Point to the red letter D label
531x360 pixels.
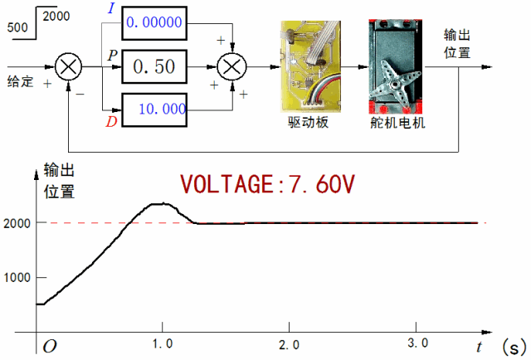110,124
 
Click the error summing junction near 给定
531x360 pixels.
68,66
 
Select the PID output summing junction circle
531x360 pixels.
233,66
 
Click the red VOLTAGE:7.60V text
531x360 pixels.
268,184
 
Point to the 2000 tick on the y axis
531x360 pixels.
17,222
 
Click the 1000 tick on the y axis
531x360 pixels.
17,277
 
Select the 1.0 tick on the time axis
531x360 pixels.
163,343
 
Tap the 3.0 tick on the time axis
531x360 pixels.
417,343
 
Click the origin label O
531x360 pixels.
50,345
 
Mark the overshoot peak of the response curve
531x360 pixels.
162,203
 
